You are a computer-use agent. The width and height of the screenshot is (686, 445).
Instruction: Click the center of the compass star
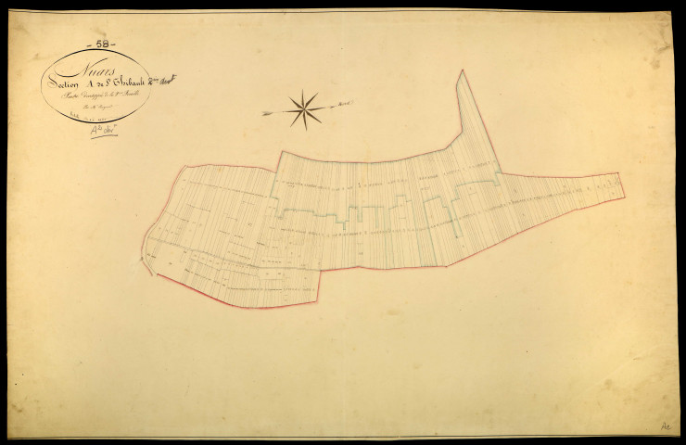pos(304,109)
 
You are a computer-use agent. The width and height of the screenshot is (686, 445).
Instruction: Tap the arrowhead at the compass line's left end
pos(264,115)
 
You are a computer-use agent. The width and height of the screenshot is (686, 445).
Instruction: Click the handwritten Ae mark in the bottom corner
pos(665,426)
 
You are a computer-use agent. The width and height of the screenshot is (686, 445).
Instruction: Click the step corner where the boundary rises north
pos(279,154)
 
